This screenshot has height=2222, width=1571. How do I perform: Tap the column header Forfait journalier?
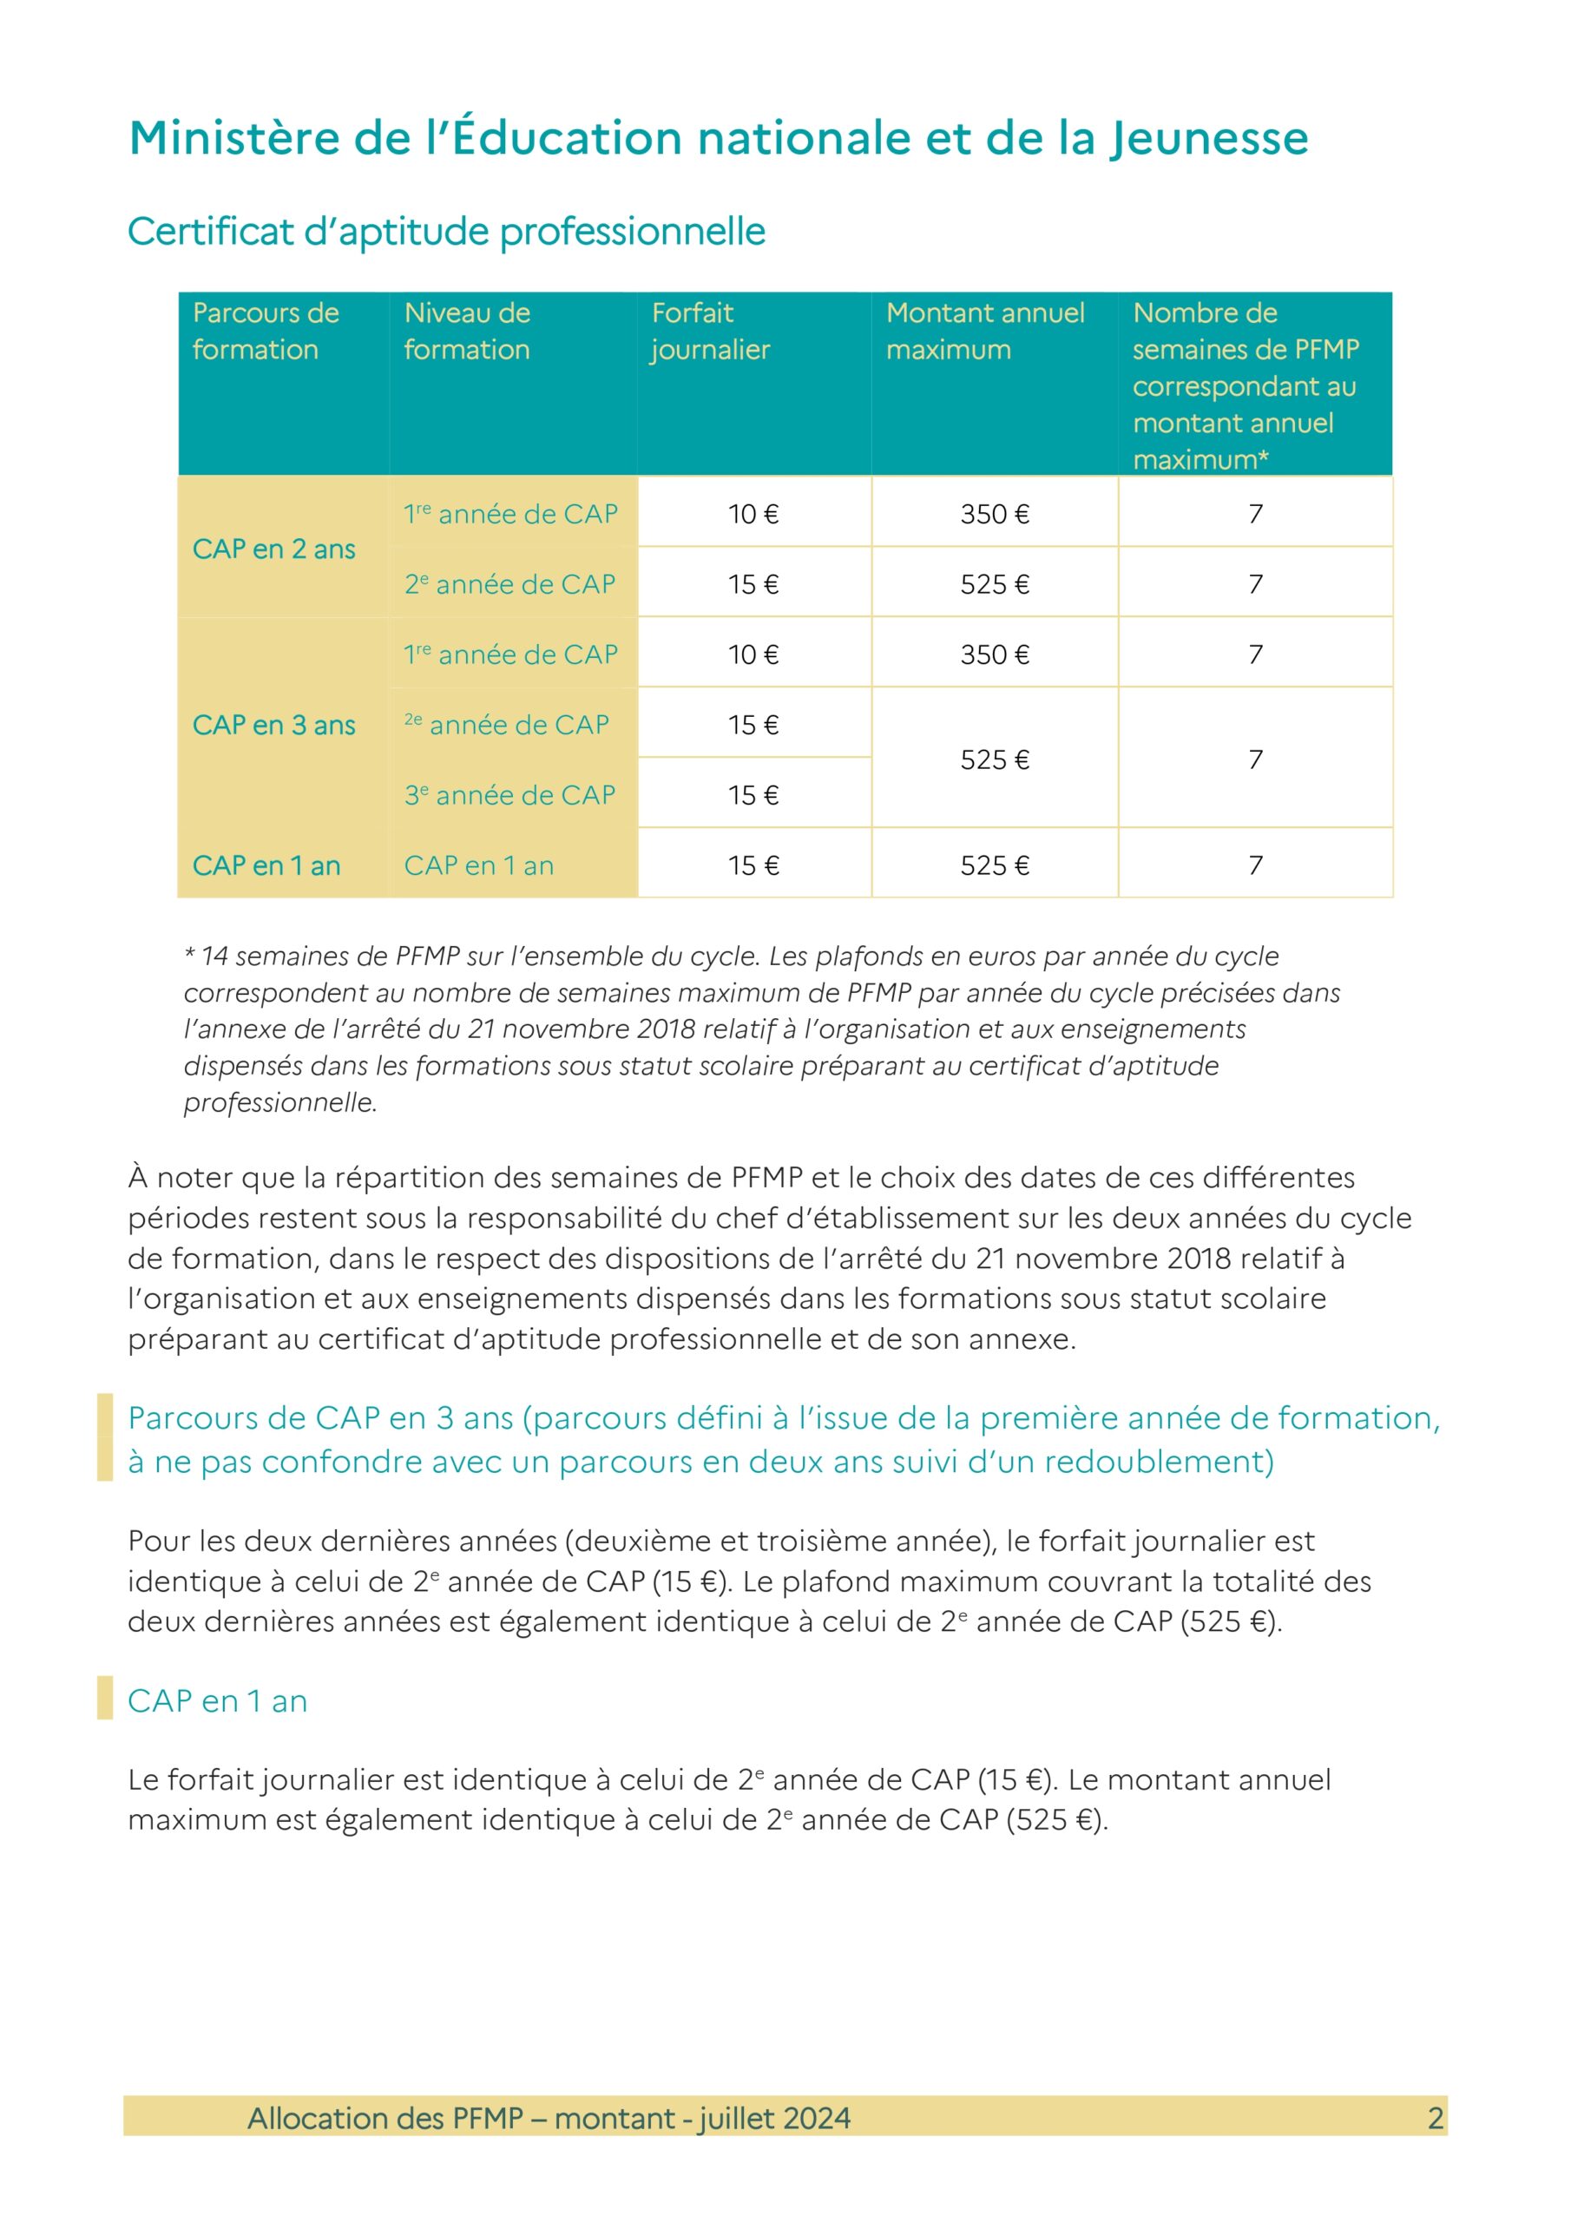coord(711,331)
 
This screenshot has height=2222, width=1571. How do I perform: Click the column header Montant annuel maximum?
coord(984,331)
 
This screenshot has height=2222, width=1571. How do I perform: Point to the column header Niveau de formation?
coord(468,331)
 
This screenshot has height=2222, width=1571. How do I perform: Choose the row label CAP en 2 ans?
coord(274,549)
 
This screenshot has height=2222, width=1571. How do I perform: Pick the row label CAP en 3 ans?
coord(274,726)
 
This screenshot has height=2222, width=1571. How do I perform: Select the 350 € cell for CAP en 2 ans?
coord(994,515)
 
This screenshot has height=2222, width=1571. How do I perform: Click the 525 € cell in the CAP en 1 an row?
coord(994,866)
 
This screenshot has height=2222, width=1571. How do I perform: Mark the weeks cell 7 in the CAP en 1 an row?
coord(1255,866)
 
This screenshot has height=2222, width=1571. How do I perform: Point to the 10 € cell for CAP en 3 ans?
coord(753,655)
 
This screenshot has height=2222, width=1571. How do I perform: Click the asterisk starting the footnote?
coord(191,954)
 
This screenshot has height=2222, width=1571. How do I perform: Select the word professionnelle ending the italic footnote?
coord(279,1103)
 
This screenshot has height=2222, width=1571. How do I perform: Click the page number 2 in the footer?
coord(1436,2119)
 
